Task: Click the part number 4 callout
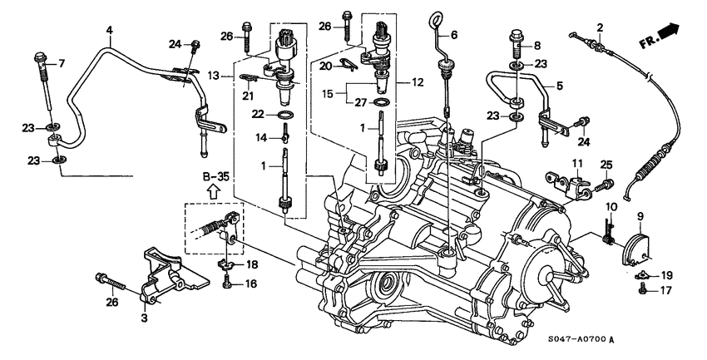pyautogui.click(x=108, y=31)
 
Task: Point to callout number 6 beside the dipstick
pyautogui.click(x=453, y=36)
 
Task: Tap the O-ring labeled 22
pyautogui.click(x=284, y=114)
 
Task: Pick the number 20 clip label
pyautogui.click(x=326, y=64)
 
